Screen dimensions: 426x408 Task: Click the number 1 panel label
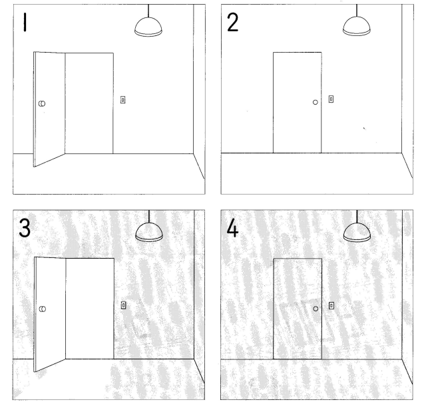pyautogui.click(x=25, y=23)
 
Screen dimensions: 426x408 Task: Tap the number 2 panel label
pyautogui.click(x=232, y=22)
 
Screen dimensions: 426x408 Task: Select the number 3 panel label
pyautogui.click(x=25, y=228)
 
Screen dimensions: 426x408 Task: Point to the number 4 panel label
pyautogui.click(x=232, y=228)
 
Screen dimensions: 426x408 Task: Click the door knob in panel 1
pyautogui.click(x=42, y=103)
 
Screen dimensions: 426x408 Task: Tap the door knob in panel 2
pyautogui.click(x=315, y=103)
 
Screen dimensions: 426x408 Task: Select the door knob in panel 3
pyautogui.click(x=43, y=309)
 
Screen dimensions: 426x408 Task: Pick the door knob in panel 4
pyautogui.click(x=316, y=309)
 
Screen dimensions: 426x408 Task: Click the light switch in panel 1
pyautogui.click(x=122, y=100)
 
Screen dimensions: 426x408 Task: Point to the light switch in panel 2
pyautogui.click(x=331, y=99)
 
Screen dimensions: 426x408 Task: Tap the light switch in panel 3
pyautogui.click(x=123, y=305)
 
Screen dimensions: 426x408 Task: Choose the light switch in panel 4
pyautogui.click(x=331, y=305)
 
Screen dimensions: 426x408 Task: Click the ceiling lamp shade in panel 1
pyautogui.click(x=148, y=27)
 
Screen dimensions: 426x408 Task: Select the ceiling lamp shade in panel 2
pyautogui.click(x=357, y=26)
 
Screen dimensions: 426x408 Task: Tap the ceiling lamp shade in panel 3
pyautogui.click(x=149, y=232)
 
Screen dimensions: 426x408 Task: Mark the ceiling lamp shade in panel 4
pyautogui.click(x=357, y=232)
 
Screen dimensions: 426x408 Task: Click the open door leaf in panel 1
pyautogui.click(x=49, y=109)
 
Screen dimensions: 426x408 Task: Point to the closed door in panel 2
pyautogui.click(x=298, y=103)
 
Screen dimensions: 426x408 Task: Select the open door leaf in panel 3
pyautogui.click(x=50, y=314)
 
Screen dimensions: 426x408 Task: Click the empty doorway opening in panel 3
pyautogui.click(x=90, y=309)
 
